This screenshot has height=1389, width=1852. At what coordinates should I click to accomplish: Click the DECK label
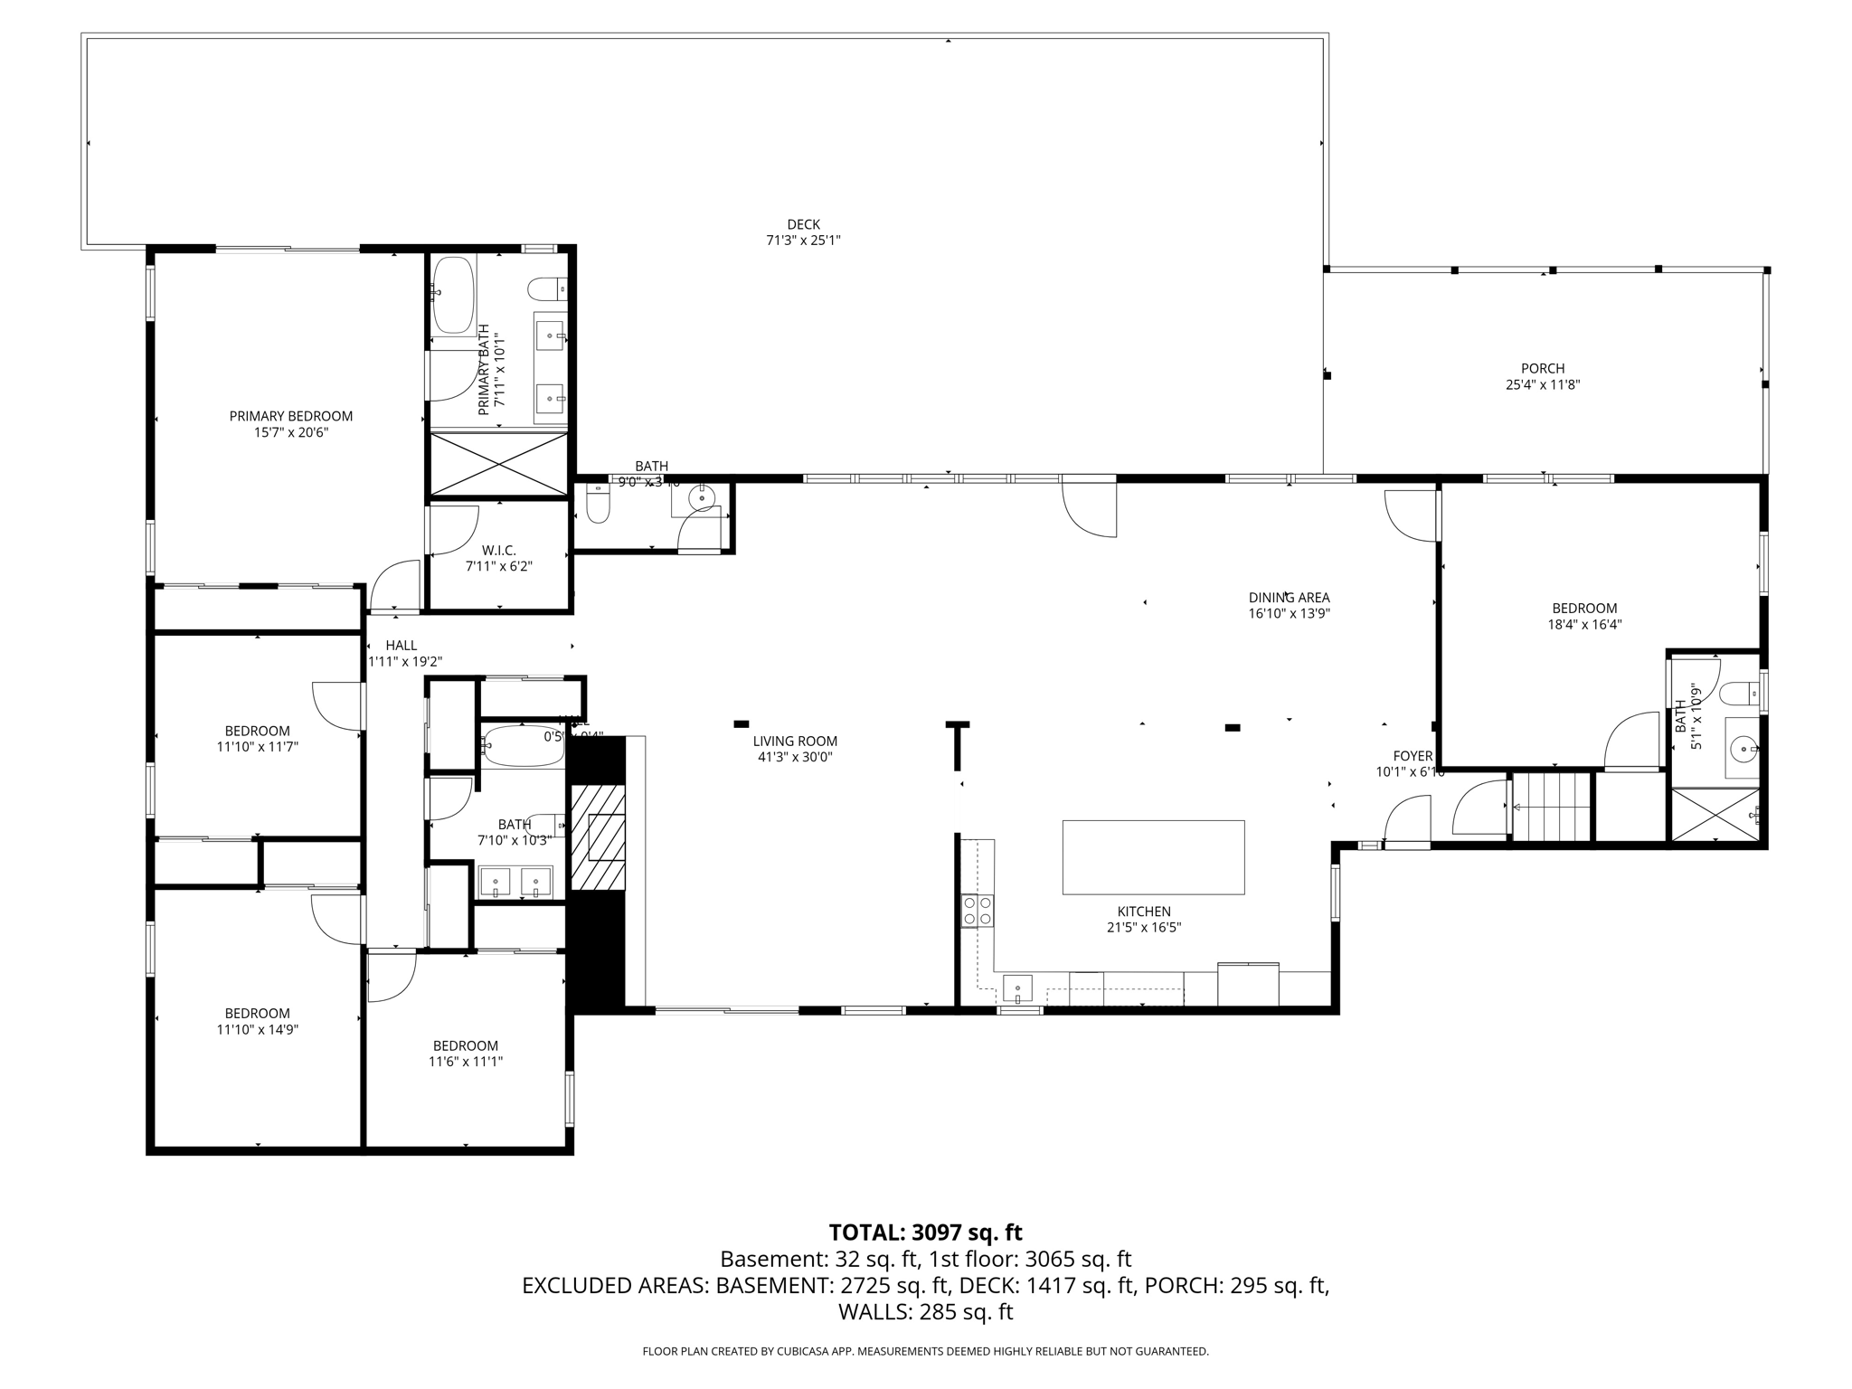click(x=803, y=224)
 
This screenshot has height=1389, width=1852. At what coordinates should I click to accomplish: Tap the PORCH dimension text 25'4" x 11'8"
click(x=1542, y=384)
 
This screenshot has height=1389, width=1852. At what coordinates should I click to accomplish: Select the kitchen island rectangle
click(x=1153, y=857)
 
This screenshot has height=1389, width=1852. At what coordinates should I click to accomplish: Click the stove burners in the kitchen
click(x=977, y=910)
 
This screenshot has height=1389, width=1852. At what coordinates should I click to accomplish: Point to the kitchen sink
click(x=1018, y=987)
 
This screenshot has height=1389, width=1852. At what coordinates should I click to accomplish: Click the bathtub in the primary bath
click(x=453, y=296)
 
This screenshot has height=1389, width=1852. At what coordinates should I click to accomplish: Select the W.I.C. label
click(x=498, y=550)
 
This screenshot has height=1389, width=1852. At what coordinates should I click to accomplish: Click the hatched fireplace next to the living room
click(x=597, y=836)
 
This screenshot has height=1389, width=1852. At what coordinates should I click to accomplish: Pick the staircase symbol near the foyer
click(x=1552, y=807)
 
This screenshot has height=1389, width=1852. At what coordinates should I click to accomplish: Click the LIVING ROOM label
click(x=795, y=742)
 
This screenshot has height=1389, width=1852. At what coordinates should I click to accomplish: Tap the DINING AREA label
click(x=1289, y=598)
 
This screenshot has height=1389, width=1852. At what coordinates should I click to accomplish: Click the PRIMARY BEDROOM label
click(x=290, y=416)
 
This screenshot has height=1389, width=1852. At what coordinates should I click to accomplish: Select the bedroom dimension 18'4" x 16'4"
click(x=1584, y=624)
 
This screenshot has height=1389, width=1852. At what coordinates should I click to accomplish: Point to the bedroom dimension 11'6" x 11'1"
click(x=465, y=1062)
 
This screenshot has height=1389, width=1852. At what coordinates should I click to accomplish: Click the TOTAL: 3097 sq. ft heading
click(x=925, y=1233)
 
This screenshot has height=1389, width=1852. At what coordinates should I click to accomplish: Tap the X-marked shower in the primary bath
click(x=498, y=465)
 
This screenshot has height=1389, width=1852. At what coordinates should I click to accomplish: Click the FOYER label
click(x=1413, y=756)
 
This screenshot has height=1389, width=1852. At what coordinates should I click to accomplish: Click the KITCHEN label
click(x=1144, y=912)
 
